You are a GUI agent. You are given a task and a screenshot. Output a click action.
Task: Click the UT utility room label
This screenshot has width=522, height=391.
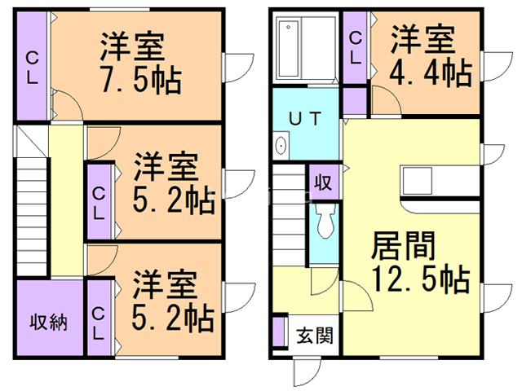click(303, 117)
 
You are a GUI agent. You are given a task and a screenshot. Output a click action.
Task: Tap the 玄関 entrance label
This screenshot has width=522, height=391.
click(313, 336)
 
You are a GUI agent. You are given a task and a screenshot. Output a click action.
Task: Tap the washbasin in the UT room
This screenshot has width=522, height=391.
click(281, 147)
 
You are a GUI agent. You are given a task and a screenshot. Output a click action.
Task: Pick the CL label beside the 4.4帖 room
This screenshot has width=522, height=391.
click(355, 47)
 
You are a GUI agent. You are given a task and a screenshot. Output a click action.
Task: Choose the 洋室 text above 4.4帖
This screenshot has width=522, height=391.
click(422, 39)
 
